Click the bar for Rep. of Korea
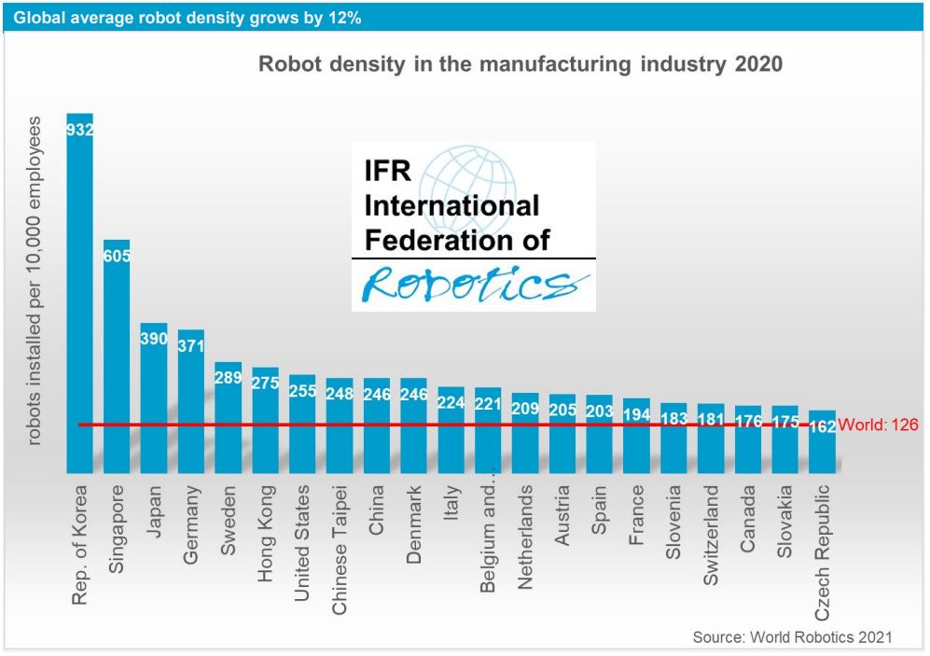point(79,299)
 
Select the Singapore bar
point(117,364)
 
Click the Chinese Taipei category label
point(340,550)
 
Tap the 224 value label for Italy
point(451,403)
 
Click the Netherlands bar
point(525,439)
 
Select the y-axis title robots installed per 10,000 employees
point(35,280)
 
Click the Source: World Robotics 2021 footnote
point(792,636)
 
